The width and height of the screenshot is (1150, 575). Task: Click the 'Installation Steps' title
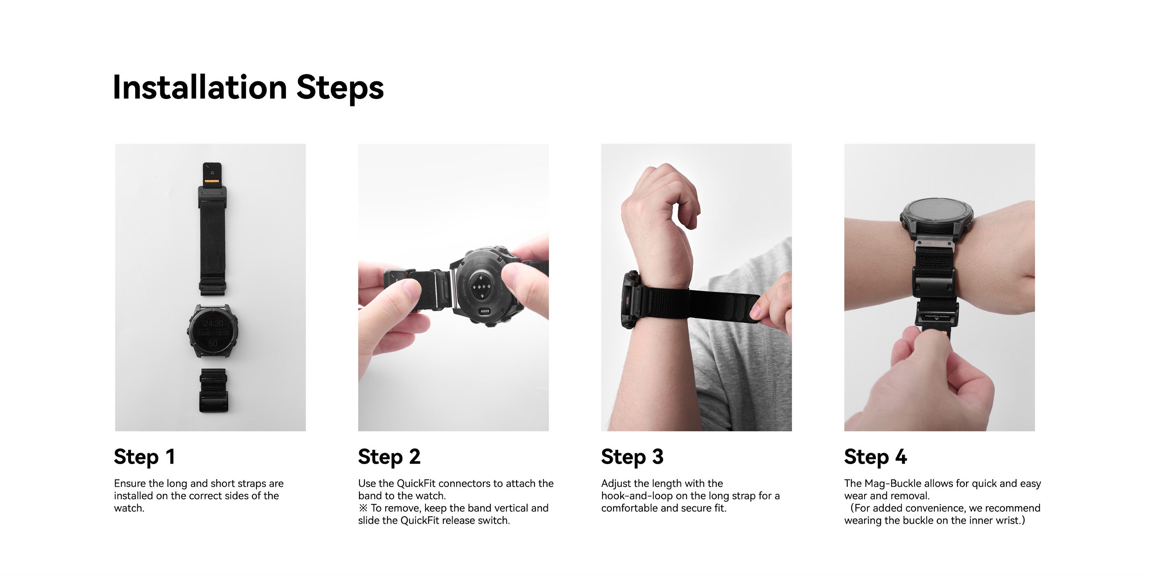248,87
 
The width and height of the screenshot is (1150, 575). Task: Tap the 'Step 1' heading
144,457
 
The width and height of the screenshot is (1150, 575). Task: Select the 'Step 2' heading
389,457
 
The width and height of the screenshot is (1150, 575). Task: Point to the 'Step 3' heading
632,457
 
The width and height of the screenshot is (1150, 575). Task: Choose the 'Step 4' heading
875,457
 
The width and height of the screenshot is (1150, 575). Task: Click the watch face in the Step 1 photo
213,332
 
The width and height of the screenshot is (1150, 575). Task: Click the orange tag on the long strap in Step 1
212,181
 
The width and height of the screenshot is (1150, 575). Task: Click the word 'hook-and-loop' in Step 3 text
637,496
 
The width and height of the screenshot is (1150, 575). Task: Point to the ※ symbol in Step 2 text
363,508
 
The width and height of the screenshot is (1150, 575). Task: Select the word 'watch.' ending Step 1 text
129,508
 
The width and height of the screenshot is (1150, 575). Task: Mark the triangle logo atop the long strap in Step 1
212,172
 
